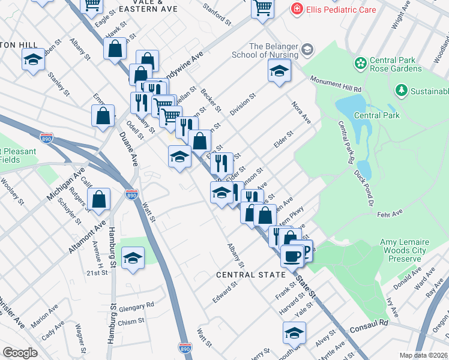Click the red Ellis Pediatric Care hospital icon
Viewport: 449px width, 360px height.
tap(296, 9)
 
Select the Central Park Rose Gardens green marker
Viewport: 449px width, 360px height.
tap(360, 63)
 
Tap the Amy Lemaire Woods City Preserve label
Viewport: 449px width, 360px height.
tap(400, 250)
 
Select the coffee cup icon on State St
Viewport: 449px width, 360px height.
tap(292, 256)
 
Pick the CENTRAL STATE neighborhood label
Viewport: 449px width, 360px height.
tap(250, 275)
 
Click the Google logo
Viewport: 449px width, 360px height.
tap(20, 353)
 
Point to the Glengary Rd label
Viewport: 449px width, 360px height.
tap(136, 306)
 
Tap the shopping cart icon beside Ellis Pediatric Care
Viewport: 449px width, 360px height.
tap(262, 8)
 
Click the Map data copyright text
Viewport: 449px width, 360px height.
tap(424, 355)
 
